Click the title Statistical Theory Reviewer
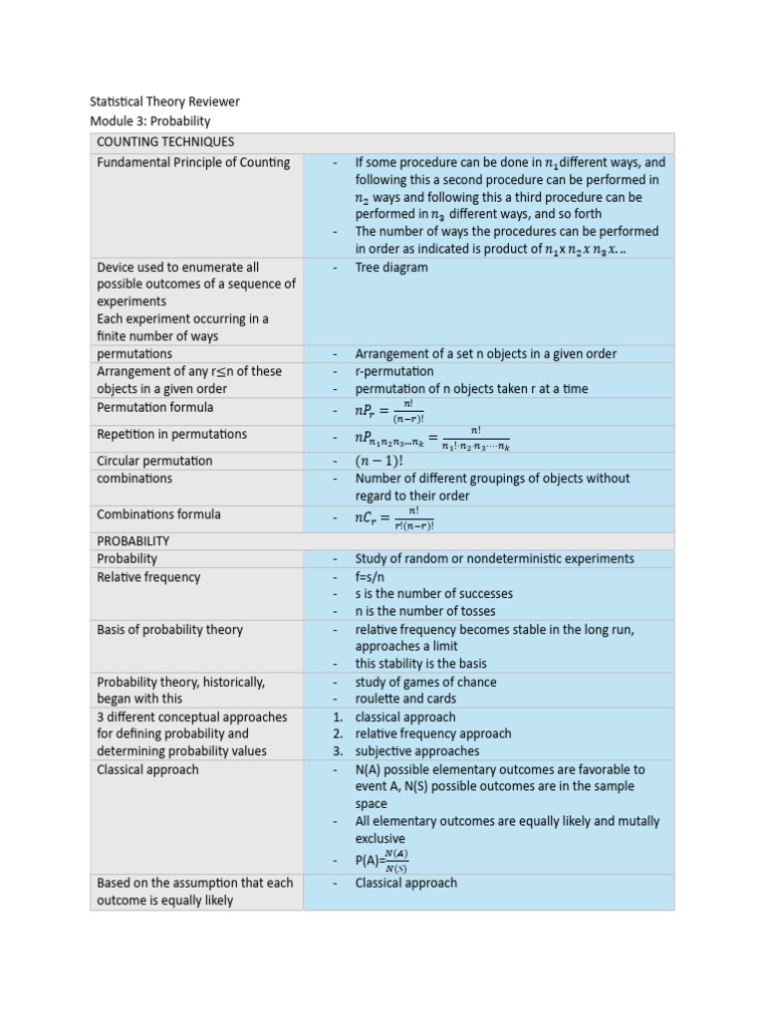pos(164,102)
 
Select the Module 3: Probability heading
pos(150,120)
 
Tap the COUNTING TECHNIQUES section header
pos(165,142)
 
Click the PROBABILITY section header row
pos(132,540)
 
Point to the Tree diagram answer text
pos(391,267)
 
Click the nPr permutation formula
pos(389,409)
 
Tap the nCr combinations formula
pos(394,516)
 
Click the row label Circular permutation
pos(154,461)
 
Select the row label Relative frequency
pos(148,577)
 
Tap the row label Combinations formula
pos(158,514)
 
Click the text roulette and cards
pos(405,699)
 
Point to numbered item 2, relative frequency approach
pos(432,733)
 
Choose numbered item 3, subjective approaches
pos(416,751)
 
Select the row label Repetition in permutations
pos(171,434)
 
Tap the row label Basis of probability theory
pos(169,629)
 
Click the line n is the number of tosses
pos(424,611)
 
